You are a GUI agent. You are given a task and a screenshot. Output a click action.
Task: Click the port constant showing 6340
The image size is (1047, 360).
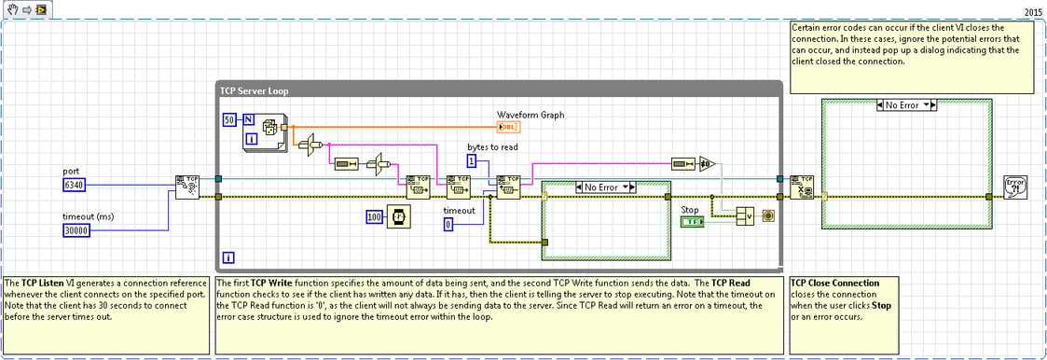(x=75, y=185)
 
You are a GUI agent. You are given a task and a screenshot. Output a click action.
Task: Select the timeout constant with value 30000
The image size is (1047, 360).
(x=76, y=229)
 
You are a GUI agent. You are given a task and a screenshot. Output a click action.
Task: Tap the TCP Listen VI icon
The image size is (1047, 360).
(x=186, y=187)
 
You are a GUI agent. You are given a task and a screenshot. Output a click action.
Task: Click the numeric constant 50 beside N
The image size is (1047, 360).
(x=228, y=120)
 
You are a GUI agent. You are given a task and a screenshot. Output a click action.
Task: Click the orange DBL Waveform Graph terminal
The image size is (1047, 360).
(x=511, y=127)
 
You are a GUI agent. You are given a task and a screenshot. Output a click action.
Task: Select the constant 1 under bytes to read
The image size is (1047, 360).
(x=472, y=161)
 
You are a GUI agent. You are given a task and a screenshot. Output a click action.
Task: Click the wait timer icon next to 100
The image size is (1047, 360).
(x=399, y=217)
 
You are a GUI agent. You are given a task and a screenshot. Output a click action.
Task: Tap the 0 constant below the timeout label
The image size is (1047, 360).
(x=448, y=225)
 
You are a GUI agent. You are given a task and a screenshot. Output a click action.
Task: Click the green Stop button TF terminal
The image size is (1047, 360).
(x=692, y=223)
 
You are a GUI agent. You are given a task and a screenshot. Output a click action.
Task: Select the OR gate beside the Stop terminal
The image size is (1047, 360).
(x=745, y=216)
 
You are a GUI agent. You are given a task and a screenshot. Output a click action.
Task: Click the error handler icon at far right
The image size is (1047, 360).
(x=1015, y=187)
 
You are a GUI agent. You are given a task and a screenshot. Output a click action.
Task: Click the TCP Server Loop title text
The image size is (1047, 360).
(x=255, y=90)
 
